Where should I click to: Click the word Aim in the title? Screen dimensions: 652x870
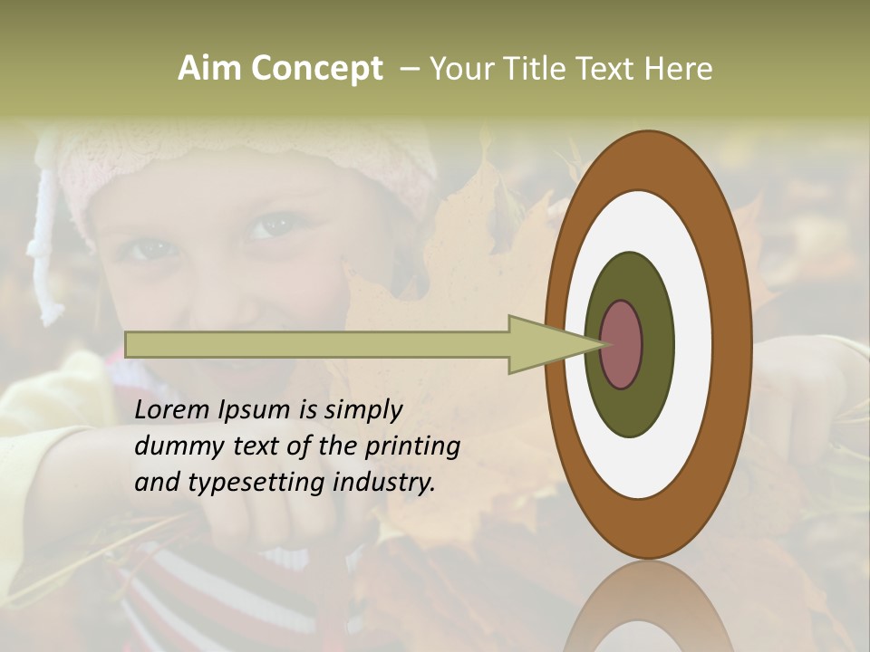coord(210,69)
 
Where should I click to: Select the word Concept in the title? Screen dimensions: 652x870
coord(316,69)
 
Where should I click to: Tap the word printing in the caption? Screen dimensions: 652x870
coord(412,447)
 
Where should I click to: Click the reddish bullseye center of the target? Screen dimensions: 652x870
coord(622,344)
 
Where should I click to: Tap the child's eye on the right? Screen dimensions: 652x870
coord(271,225)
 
